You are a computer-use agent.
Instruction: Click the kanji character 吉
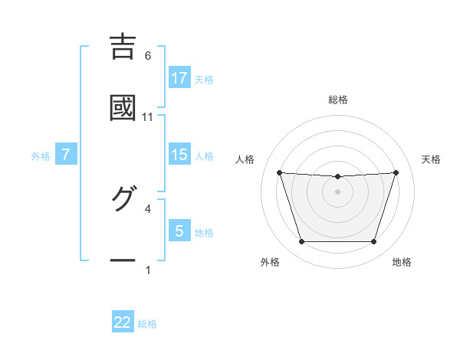(123, 47)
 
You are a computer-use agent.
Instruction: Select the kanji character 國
(123, 108)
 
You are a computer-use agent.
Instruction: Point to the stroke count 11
(148, 117)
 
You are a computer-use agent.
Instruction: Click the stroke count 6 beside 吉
(148, 56)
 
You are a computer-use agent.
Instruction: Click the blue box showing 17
(179, 77)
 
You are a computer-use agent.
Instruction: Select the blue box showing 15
(179, 154)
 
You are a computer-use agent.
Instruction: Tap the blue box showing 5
(179, 231)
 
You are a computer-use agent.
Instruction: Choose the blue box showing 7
(66, 155)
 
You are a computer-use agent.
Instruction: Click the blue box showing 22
(123, 322)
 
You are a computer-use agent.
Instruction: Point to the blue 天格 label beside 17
(204, 79)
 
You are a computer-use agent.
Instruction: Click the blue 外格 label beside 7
(41, 156)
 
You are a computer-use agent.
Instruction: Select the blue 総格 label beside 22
(147, 324)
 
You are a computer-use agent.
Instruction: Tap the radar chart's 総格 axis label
(338, 100)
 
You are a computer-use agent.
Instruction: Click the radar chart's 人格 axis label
(246, 159)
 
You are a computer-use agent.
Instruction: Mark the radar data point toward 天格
(396, 172)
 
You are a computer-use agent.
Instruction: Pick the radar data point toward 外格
(301, 242)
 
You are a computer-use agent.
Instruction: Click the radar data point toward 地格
(374, 242)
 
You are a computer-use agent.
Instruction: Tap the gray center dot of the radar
(338, 191)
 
